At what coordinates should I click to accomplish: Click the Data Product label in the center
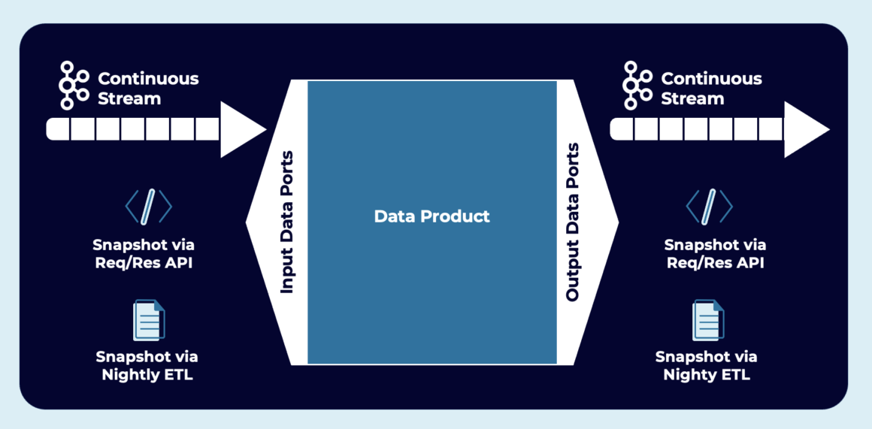(x=431, y=216)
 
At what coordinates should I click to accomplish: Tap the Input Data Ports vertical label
(x=286, y=222)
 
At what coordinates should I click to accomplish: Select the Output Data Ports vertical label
(x=573, y=222)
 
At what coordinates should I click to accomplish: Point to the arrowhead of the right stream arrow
(x=805, y=129)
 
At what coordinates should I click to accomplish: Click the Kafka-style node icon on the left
(x=74, y=87)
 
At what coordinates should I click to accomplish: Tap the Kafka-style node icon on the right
(x=637, y=87)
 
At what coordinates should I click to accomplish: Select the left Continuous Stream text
(x=148, y=88)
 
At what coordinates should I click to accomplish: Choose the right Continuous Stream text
(x=711, y=88)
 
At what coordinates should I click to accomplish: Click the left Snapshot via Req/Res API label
(x=149, y=253)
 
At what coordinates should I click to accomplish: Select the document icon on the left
(x=148, y=320)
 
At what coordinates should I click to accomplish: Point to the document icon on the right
(x=707, y=320)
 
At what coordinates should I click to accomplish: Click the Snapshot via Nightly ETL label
(x=147, y=366)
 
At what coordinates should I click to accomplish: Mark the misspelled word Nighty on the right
(x=689, y=375)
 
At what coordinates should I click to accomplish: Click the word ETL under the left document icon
(x=178, y=375)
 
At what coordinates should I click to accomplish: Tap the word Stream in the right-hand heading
(x=692, y=98)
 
